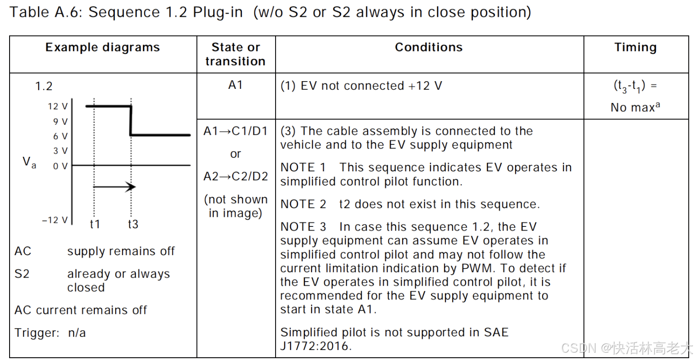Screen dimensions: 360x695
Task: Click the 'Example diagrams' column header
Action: (102, 47)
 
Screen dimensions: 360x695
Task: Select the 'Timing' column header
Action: (635, 47)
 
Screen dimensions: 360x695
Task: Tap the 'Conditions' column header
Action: (429, 47)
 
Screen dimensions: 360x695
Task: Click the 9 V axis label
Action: (60, 122)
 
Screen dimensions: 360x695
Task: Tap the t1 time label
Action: (95, 224)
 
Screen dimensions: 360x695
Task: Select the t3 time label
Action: (133, 224)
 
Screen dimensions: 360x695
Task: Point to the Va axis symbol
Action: (29, 162)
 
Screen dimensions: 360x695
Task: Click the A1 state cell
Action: (235, 85)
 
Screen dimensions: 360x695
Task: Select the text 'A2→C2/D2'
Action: (235, 176)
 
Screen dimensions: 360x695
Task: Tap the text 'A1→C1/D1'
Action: (235, 131)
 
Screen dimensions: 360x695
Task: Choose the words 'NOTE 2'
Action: (303, 204)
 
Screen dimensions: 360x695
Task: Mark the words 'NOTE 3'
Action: (303, 227)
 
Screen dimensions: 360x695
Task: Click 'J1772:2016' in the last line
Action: (315, 346)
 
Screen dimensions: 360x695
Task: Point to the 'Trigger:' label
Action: (37, 333)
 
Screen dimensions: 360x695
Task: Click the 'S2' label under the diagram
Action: (22, 274)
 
